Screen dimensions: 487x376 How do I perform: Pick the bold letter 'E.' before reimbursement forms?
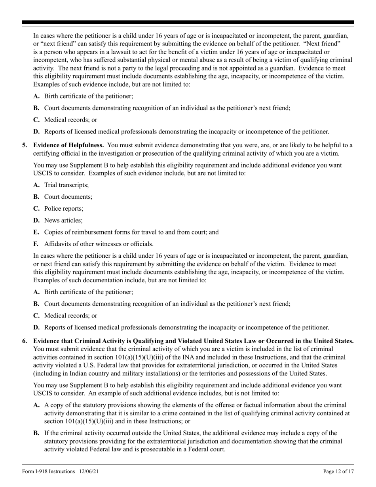coord(37,232)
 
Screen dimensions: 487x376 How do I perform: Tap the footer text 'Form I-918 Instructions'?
coord(48,471)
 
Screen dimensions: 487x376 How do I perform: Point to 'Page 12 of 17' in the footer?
coord(338,471)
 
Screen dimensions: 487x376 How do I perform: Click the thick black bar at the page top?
coord(188,23)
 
